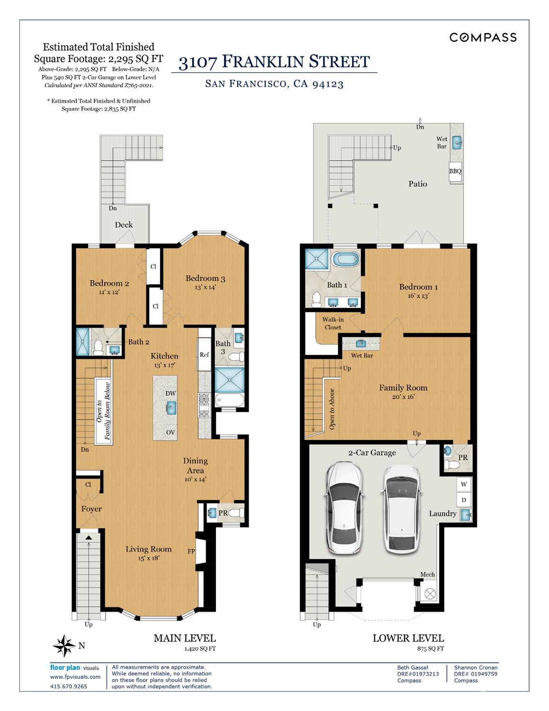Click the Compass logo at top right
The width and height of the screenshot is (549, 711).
482,37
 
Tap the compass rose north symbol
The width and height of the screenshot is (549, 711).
64,646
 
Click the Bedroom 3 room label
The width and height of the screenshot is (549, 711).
205,278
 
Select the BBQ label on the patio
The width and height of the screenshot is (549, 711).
455,171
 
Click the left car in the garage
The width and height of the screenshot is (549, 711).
343,508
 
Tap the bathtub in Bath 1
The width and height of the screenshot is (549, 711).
345,260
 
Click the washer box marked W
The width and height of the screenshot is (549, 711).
463,484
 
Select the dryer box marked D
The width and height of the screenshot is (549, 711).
463,500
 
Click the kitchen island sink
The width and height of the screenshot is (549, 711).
171,407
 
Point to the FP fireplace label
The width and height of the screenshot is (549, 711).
191,551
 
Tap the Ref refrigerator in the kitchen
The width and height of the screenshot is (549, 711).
204,354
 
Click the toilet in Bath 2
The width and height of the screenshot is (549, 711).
99,348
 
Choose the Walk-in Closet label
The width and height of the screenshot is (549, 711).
333,323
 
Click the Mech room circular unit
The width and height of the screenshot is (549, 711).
430,593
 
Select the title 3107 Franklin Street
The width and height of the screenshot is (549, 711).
274,62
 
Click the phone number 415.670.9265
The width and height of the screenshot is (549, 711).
69,686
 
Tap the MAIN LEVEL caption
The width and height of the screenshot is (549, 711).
184,638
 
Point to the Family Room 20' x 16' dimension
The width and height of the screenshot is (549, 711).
403,397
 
